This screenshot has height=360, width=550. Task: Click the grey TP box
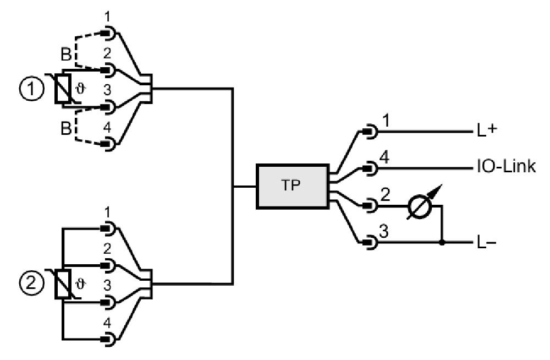[293, 186]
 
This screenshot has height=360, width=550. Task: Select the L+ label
[487, 130]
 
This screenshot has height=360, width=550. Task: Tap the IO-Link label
[506, 166]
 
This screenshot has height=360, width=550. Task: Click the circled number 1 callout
[31, 89]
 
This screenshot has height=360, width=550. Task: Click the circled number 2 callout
[31, 283]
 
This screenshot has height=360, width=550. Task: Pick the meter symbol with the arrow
[421, 205]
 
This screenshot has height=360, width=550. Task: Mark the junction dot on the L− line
[442, 243]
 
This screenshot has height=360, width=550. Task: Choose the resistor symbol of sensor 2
[63, 284]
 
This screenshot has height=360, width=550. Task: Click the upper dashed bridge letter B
[66, 55]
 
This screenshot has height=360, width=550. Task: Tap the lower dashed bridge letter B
[66, 128]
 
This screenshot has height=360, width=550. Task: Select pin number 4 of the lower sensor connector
[108, 323]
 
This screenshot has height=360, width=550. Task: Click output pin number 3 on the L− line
[384, 232]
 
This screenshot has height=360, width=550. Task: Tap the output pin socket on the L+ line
[370, 132]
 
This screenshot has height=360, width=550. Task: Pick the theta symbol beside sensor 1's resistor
[80, 90]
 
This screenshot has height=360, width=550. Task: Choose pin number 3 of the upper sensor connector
[108, 90]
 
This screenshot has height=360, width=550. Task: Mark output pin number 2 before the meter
[385, 194]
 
